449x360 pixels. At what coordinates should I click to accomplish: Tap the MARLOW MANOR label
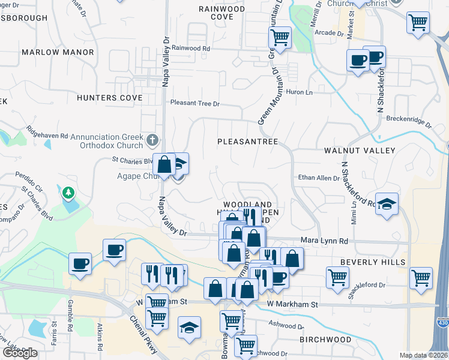click(58, 52)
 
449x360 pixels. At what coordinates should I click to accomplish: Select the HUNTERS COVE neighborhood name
click(109, 97)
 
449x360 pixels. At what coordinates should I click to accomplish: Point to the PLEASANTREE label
click(247, 142)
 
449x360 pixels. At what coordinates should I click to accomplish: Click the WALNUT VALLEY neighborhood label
click(360, 150)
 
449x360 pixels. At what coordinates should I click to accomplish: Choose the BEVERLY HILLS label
click(373, 262)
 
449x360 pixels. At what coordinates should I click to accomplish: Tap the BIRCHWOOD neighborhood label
click(325, 340)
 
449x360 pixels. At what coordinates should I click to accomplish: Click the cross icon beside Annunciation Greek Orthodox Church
click(152, 140)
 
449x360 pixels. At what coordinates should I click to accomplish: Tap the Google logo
click(19, 353)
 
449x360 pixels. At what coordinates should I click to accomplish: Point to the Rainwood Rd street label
click(190, 48)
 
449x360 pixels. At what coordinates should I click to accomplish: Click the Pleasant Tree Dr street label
click(195, 103)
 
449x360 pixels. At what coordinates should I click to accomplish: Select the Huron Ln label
click(300, 92)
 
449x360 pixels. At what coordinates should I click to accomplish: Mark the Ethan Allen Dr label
click(319, 178)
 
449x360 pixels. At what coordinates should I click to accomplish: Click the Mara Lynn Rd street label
click(324, 241)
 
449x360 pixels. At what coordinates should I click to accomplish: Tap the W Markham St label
click(292, 305)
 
